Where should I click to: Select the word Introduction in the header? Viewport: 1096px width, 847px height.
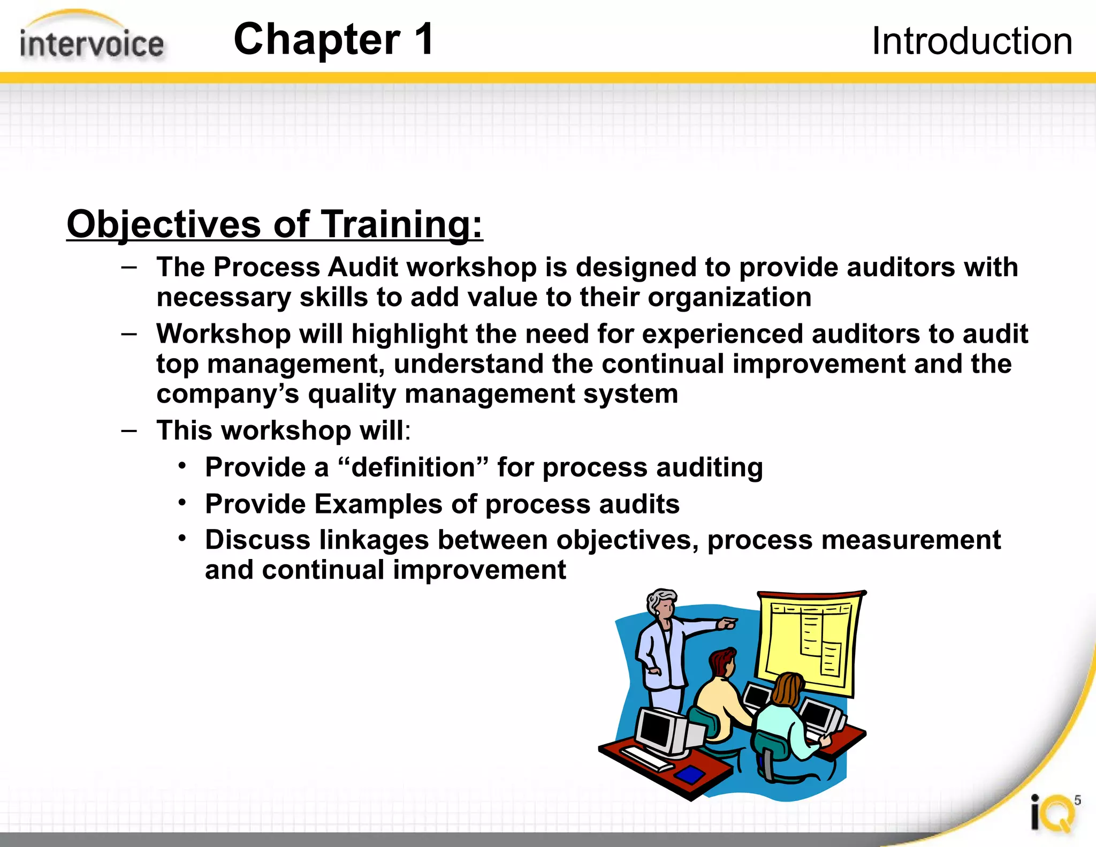972,41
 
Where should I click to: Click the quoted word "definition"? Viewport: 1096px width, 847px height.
413,467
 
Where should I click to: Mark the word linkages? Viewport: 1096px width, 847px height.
374,540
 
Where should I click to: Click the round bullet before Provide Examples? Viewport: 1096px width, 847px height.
182,503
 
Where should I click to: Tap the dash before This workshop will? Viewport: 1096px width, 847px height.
129,430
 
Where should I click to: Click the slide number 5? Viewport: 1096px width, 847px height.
1077,800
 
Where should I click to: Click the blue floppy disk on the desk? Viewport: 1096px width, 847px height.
690,774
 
